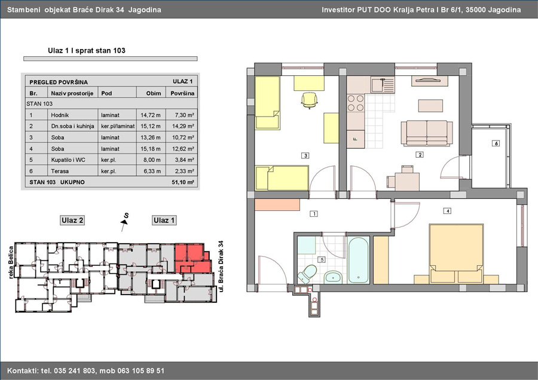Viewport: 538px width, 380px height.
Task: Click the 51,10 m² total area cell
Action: click(x=183, y=182)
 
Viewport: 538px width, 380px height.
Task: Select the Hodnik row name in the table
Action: click(x=60, y=115)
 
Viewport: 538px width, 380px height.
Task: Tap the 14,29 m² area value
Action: click(x=183, y=126)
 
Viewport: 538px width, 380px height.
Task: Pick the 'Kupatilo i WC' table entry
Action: click(x=68, y=160)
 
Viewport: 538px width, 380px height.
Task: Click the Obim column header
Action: click(x=154, y=93)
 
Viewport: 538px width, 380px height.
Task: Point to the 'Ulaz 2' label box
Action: click(x=72, y=220)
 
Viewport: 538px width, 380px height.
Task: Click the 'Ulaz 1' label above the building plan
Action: click(x=164, y=220)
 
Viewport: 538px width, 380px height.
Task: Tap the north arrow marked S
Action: click(x=125, y=221)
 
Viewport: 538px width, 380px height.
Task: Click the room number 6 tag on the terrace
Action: click(x=496, y=143)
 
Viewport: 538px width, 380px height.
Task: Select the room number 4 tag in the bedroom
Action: click(x=447, y=211)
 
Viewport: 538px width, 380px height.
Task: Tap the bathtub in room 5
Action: click(x=358, y=260)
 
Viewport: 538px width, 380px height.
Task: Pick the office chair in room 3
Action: click(x=309, y=100)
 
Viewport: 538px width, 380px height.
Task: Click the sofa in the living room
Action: click(x=426, y=133)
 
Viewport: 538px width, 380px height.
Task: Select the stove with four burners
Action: click(x=356, y=103)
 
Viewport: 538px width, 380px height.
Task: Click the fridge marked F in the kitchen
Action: click(x=356, y=139)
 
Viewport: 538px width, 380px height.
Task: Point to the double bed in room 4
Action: click(x=456, y=253)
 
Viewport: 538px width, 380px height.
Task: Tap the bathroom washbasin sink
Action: click(x=333, y=277)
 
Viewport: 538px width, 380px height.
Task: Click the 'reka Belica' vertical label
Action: click(x=11, y=262)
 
